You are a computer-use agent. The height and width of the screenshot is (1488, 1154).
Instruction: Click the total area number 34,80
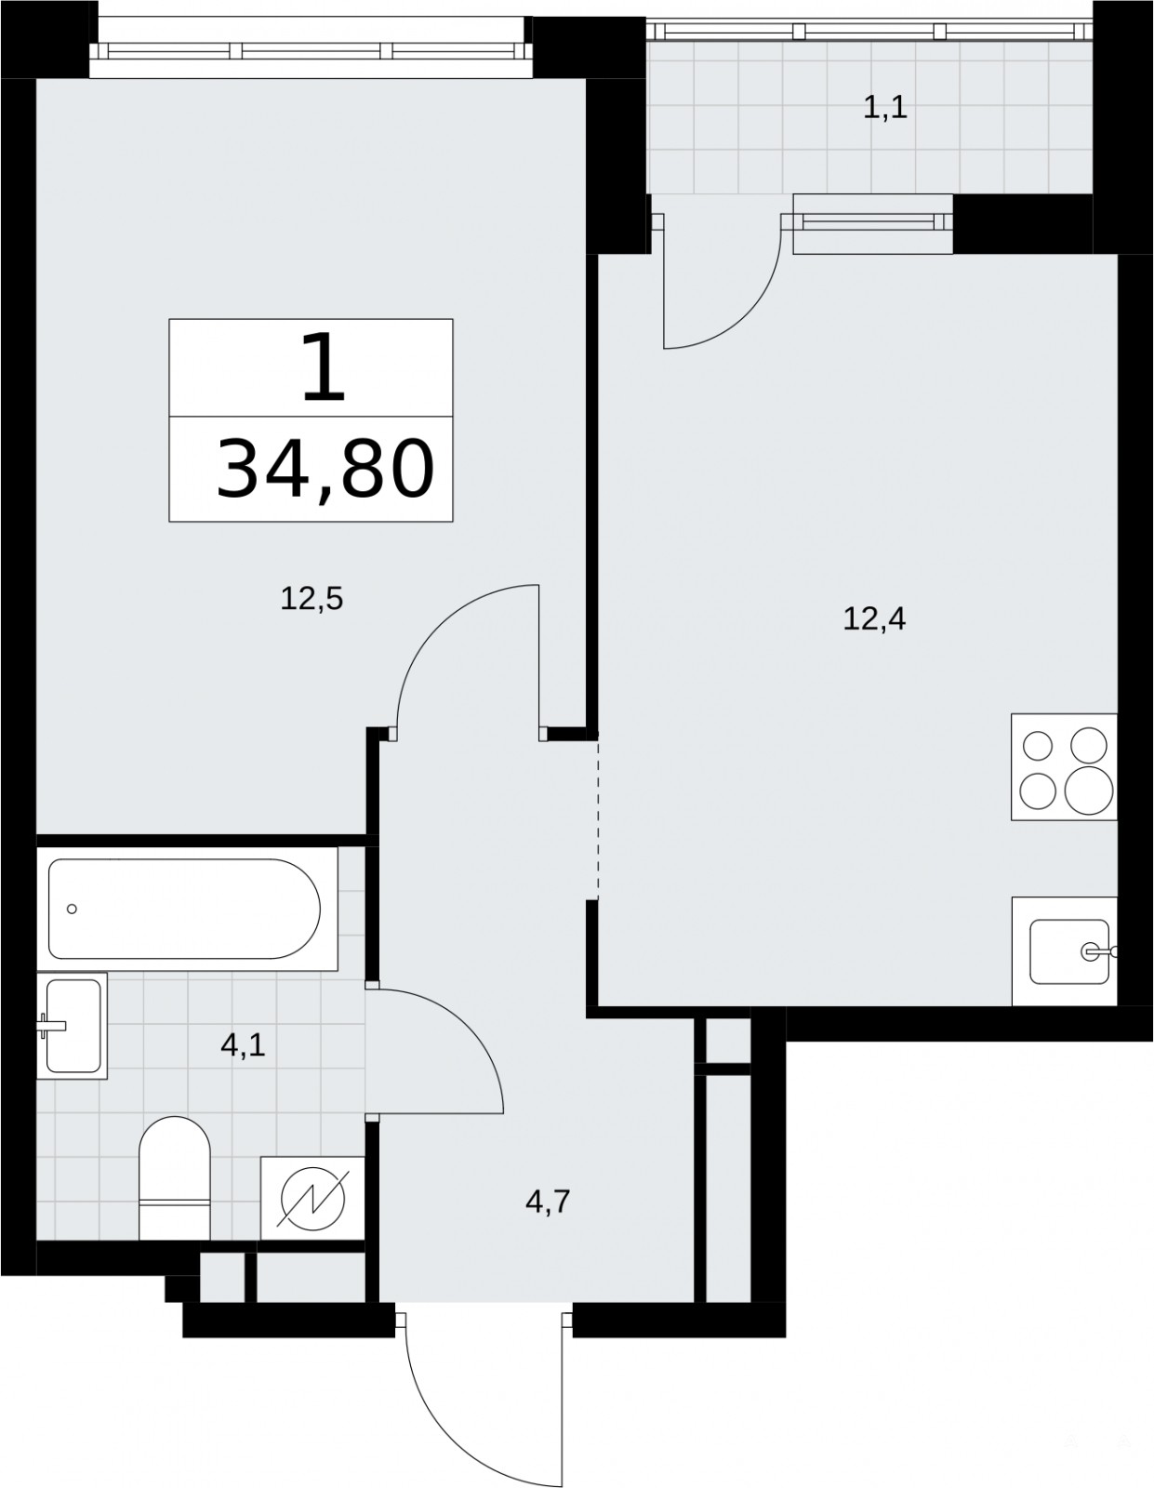[325, 469]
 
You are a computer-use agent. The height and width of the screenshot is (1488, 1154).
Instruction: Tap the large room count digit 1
[323, 367]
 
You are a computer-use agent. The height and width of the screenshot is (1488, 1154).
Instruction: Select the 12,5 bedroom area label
[312, 599]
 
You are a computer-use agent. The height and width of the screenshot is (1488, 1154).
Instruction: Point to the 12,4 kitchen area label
[874, 619]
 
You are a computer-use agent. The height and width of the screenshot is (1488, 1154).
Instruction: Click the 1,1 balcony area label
[885, 108]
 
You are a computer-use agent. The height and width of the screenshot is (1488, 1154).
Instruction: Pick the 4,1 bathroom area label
[243, 1045]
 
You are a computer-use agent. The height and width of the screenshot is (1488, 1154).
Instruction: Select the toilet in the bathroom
[174, 1177]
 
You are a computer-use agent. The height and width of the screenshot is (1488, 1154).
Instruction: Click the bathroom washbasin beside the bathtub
[72, 1025]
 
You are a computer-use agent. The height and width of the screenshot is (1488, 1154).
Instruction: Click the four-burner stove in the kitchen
[1064, 767]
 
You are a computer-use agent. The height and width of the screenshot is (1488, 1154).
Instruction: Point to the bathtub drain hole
[72, 909]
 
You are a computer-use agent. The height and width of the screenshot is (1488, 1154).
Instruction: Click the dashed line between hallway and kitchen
[598, 818]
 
